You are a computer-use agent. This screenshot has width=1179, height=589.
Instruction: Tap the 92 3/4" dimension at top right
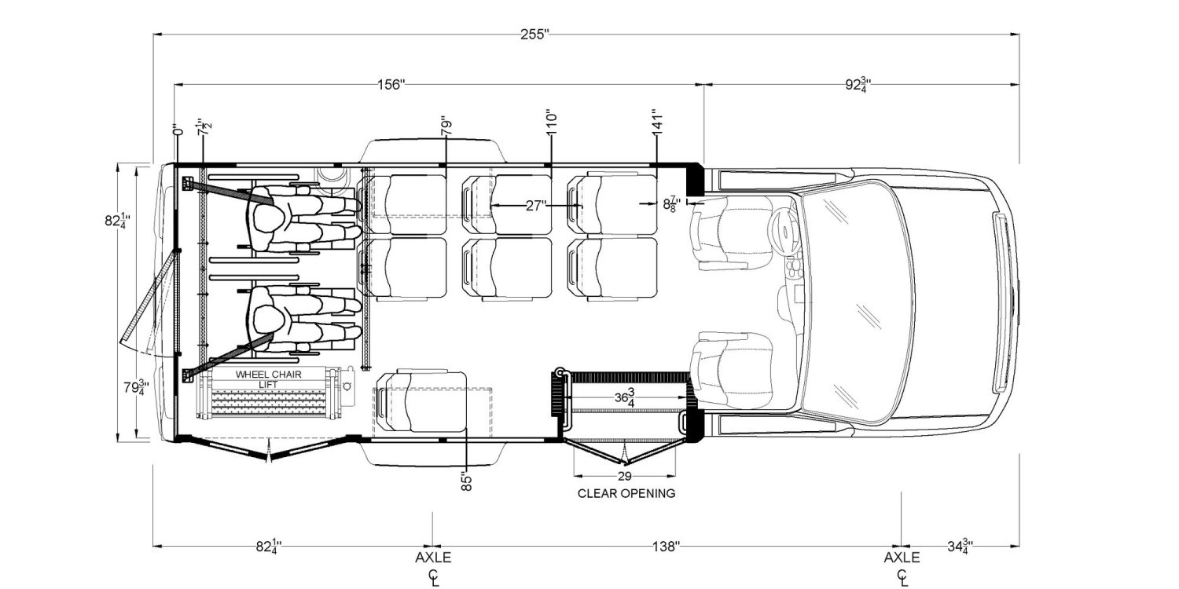pos(861,84)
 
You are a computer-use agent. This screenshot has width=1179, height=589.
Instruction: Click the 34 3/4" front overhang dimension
pos(958,546)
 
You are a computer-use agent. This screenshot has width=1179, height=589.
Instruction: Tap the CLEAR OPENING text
pos(626,494)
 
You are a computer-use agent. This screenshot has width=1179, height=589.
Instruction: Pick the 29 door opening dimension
pos(626,476)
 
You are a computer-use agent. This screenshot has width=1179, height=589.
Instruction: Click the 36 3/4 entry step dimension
pos(626,397)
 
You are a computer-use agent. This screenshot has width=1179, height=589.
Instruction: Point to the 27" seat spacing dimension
pos(536,205)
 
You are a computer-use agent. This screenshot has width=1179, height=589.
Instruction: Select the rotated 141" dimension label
pos(658,125)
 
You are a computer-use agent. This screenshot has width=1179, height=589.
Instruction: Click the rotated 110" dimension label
pos(552,125)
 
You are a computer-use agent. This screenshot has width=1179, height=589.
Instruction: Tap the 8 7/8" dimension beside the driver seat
pos(670,205)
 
